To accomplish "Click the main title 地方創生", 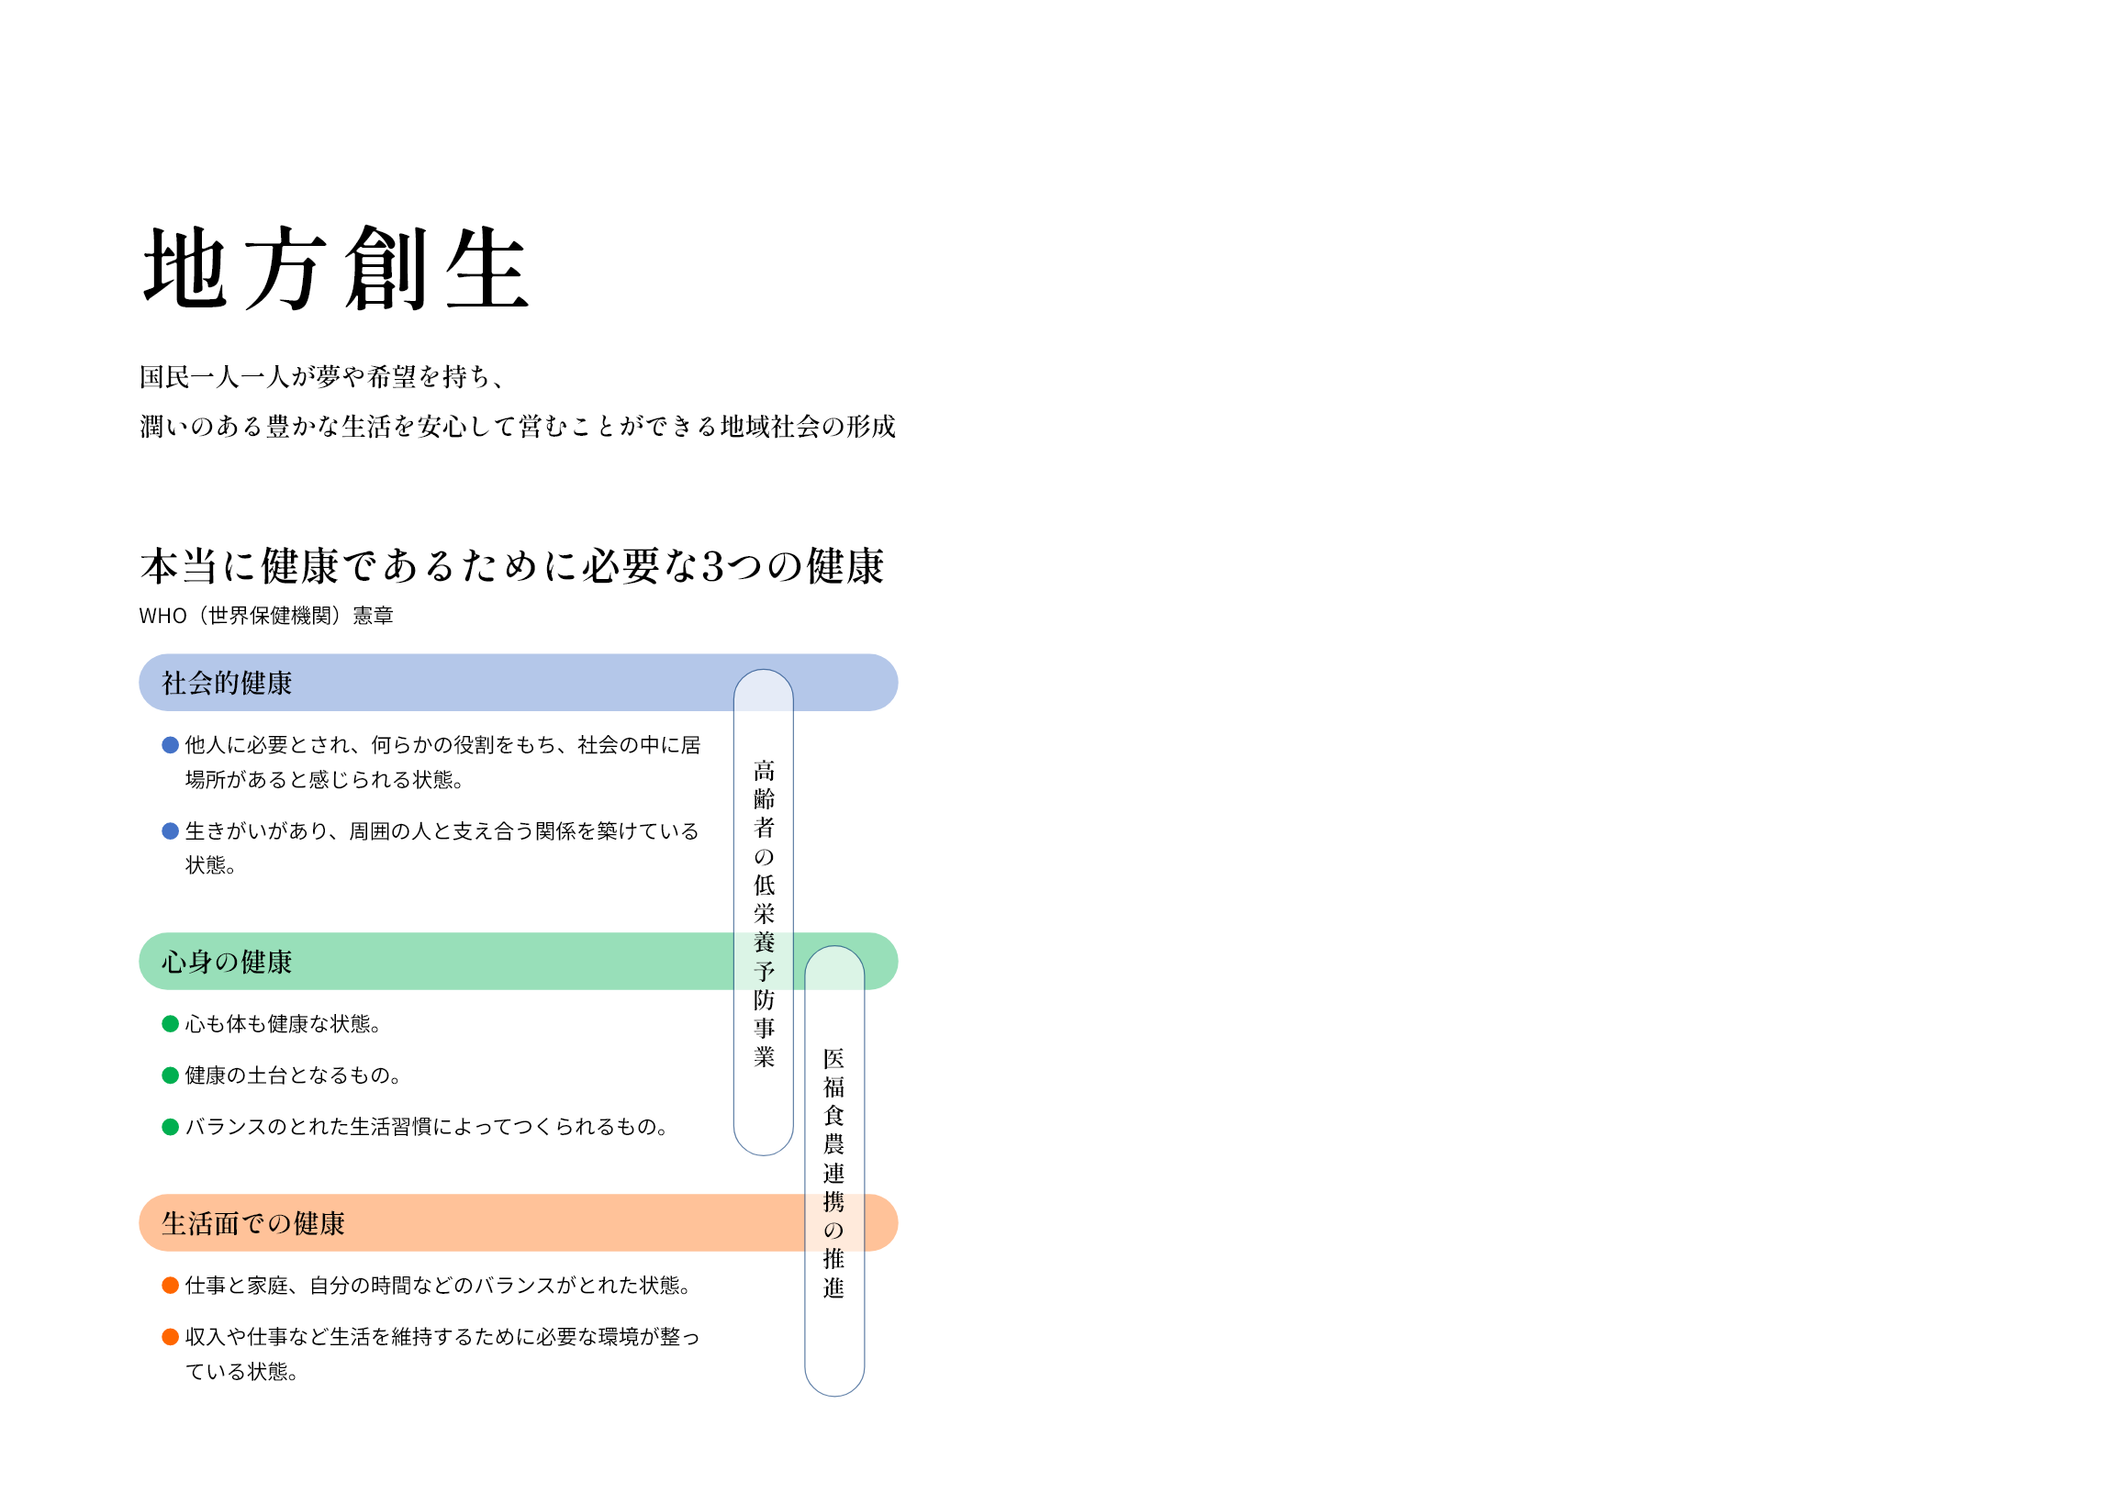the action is pos(335,268).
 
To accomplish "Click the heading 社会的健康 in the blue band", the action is pos(227,684).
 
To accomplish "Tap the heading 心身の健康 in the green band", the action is pos(227,963).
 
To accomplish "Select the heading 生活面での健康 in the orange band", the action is pos(253,1223).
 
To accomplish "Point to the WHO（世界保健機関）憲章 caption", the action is pos(266,616).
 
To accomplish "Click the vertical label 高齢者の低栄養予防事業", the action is pos(764,913).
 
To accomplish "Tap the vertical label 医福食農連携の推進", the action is pos(833,1173).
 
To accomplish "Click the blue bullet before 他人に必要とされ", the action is pos(171,744).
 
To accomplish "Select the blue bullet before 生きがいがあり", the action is pos(171,830).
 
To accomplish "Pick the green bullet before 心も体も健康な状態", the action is pos(171,1023).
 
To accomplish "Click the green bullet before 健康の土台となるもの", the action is pos(171,1075).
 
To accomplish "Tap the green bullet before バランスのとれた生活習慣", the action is pos(171,1126).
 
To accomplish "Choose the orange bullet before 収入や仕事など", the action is pos(171,1336).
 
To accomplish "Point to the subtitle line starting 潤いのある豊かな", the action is pos(518,426).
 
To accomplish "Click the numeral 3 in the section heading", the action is pos(713,567).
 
